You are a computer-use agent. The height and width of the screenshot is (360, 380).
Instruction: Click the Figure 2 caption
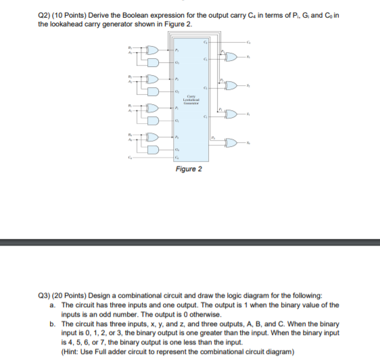pos(189,169)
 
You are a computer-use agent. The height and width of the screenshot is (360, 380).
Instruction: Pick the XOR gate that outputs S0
pos(232,143)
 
